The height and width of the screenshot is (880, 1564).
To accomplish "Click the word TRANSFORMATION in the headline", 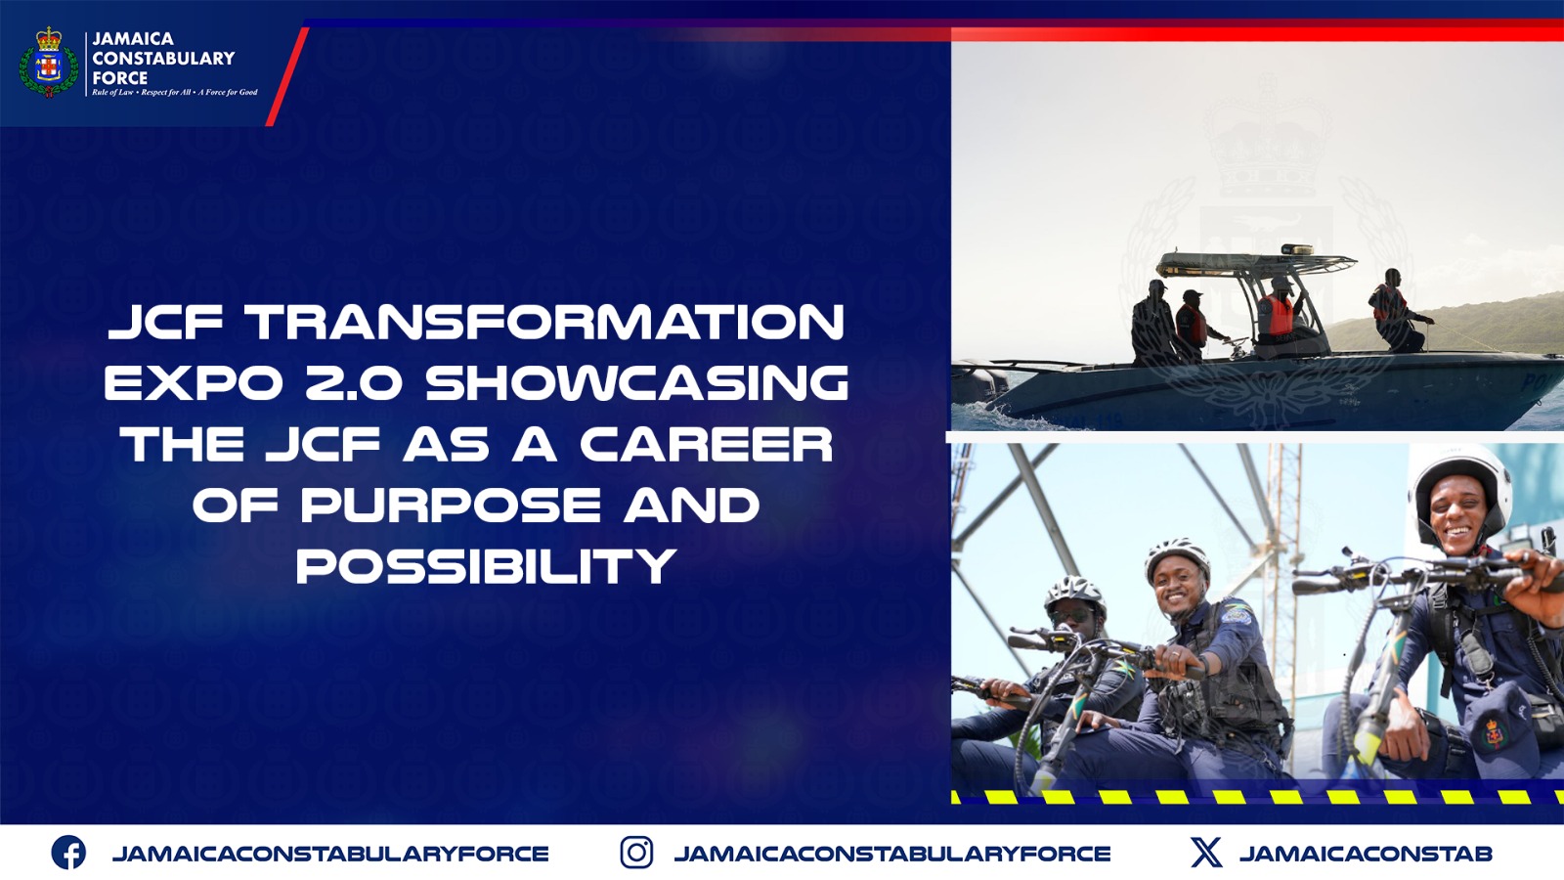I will point(544,323).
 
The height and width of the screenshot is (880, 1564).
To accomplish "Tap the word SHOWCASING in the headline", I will point(636,383).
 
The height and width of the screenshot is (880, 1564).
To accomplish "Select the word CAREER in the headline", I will point(706,445).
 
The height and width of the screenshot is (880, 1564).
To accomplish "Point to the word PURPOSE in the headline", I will point(450,506).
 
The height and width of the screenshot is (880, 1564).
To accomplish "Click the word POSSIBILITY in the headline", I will point(486,567).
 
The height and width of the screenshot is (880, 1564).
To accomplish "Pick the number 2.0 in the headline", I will point(353,383).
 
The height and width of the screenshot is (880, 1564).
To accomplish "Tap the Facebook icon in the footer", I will point(68,853).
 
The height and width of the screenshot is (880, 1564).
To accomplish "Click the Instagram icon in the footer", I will point(636,853).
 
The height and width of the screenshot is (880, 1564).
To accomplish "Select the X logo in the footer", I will point(1206,853).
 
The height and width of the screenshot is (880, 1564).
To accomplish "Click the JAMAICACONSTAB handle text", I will point(1366,854).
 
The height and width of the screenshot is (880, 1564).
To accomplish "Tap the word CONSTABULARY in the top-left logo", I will point(163,59).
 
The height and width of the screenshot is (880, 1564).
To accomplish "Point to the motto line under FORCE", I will point(175,93).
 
